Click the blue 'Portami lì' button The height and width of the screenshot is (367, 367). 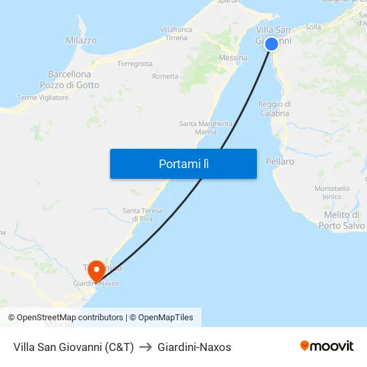point(183,163)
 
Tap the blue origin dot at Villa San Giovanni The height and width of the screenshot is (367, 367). point(272,44)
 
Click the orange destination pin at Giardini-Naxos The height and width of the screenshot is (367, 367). point(97,269)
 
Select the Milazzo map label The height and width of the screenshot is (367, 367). point(81,41)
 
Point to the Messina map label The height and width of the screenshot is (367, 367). point(233,58)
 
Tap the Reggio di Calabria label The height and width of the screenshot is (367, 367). point(274,108)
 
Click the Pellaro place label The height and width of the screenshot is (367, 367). point(280,161)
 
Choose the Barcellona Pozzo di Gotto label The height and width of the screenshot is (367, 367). point(69,79)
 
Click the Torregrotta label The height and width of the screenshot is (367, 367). point(135,64)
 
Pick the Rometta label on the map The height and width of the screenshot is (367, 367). point(165,77)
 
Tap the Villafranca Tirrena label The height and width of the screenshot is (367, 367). point(176,33)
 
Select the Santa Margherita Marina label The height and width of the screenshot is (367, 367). point(206,127)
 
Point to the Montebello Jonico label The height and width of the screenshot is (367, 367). point(332,192)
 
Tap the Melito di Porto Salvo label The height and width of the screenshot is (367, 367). point(342,220)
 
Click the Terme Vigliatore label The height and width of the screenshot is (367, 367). point(43,97)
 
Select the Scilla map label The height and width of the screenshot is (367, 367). point(312,27)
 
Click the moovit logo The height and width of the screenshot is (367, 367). point(327,346)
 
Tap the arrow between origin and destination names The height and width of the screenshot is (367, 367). point(146,347)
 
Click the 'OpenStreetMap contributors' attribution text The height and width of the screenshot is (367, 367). point(70,318)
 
